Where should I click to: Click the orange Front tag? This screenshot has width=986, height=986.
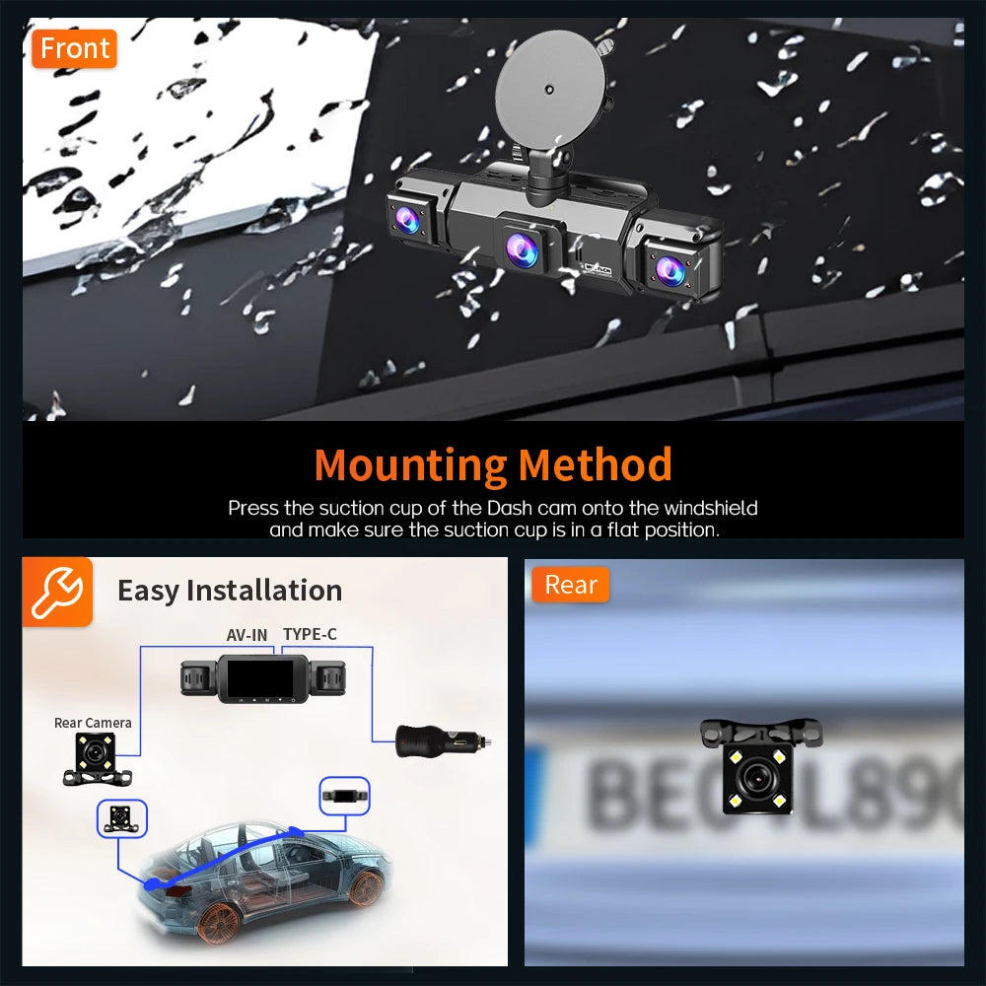(74, 48)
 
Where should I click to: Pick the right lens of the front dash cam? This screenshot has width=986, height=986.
(670, 267)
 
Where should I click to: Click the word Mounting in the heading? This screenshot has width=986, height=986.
(410, 464)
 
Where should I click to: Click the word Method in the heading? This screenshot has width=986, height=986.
(596, 464)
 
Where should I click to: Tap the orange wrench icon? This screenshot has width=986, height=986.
(57, 592)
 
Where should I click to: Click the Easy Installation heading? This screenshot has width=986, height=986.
(230, 591)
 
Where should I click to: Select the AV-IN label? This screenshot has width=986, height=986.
(246, 634)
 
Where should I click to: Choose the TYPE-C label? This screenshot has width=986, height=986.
(310, 634)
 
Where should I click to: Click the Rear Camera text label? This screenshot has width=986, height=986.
(93, 723)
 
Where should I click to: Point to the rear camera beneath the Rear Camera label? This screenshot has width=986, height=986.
(97, 759)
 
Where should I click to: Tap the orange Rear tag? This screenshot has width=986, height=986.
(571, 585)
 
